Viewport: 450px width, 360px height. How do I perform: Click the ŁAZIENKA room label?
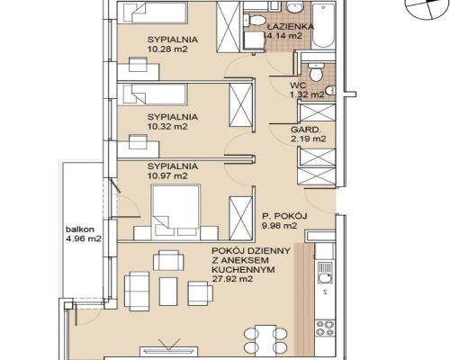click(290, 26)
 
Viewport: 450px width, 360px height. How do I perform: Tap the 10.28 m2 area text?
click(167, 49)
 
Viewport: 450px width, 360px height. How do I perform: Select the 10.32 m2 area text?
click(167, 126)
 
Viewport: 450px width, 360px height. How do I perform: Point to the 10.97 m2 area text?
click(167, 175)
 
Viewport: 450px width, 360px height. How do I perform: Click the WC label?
click(298, 85)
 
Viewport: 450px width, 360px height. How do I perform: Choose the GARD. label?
click(305, 130)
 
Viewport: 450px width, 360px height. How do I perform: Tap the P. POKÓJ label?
click(284, 216)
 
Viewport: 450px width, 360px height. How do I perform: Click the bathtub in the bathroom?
click(323, 25)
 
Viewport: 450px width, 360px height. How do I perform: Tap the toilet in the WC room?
click(316, 72)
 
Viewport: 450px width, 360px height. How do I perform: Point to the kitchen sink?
click(325, 273)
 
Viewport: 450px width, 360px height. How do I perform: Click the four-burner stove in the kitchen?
click(326, 328)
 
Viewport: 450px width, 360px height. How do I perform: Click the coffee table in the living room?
click(168, 292)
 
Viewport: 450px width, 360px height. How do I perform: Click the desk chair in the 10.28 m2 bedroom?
click(138, 65)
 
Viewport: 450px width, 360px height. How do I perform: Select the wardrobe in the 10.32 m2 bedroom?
click(241, 105)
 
